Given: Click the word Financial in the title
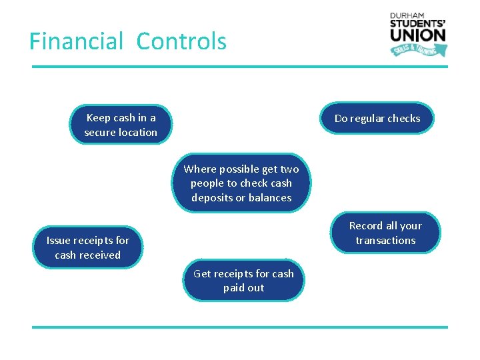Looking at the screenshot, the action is point(77,41).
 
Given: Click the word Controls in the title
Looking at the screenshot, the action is point(181,41).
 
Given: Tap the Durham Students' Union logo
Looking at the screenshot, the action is point(418,34).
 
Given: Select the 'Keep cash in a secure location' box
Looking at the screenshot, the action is point(121,125).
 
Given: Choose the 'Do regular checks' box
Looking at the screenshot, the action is point(377,119).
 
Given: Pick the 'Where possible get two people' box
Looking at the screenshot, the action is point(241,183).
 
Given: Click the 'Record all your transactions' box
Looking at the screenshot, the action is point(385,233).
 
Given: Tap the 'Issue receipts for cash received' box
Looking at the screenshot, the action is point(87,247).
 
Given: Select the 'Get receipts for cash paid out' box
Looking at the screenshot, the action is point(243,281).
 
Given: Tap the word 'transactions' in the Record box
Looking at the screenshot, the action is point(385,240).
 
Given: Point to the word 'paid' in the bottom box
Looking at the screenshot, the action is point(234,288).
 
